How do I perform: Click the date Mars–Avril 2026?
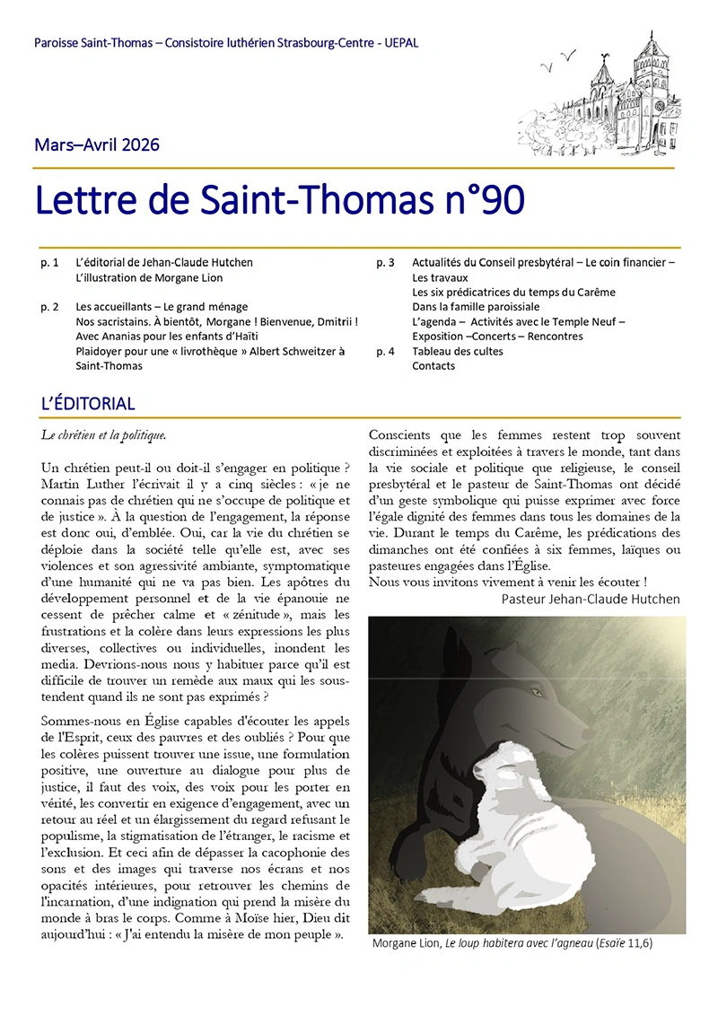click(97, 145)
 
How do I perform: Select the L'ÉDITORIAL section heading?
click(88, 404)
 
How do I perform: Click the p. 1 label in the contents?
click(50, 263)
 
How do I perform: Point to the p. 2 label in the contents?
click(50, 307)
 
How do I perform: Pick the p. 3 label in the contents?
click(385, 263)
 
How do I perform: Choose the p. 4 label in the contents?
click(385, 351)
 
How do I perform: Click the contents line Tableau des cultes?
click(457, 351)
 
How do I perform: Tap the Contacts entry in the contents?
click(433, 366)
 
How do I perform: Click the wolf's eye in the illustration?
click(538, 693)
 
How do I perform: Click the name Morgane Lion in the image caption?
click(402, 943)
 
